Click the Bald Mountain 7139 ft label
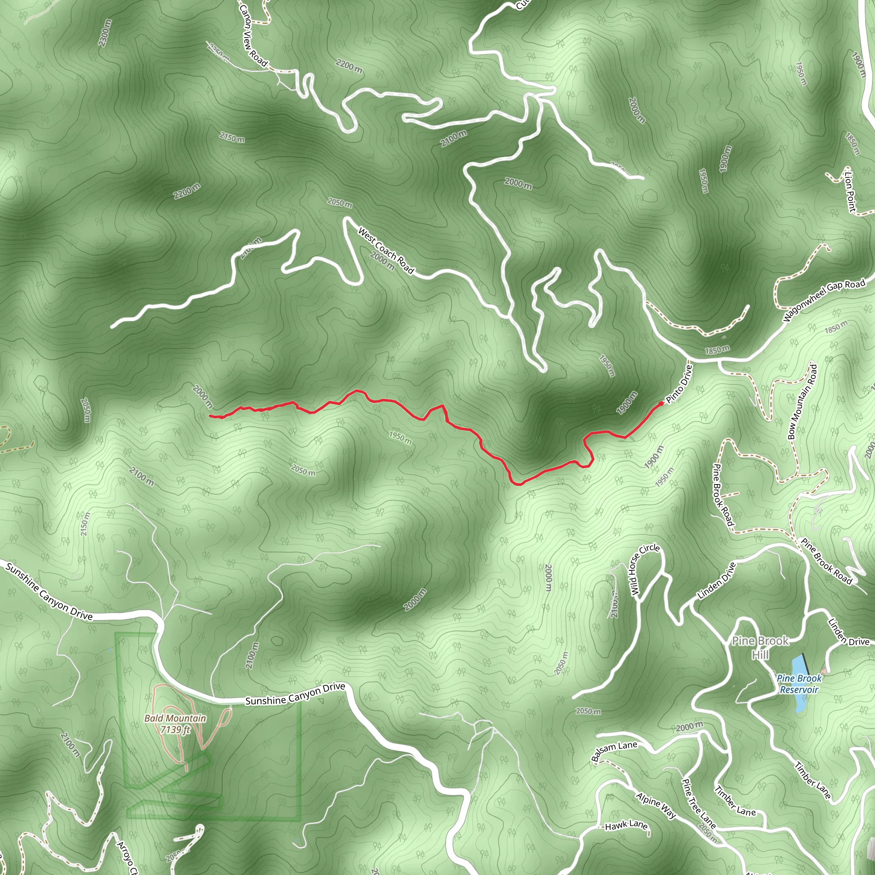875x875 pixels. (175, 724)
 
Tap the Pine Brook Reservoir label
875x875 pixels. (799, 684)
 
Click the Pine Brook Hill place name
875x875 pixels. (760, 647)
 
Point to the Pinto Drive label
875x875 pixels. (679, 384)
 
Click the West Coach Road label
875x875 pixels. (386, 250)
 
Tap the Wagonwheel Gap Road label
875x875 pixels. (824, 300)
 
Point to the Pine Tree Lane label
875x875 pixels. (699, 803)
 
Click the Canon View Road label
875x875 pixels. (253, 35)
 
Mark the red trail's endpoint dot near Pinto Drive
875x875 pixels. (661, 403)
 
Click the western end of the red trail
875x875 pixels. (211, 415)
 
